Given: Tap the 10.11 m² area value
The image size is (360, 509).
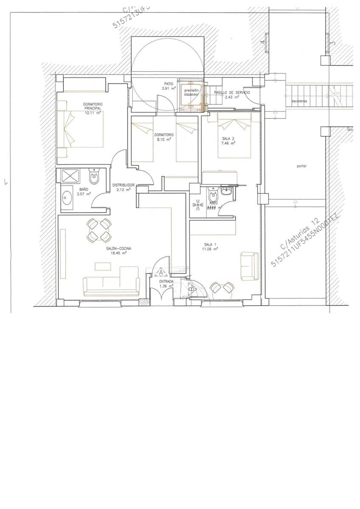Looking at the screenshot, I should coord(93,113).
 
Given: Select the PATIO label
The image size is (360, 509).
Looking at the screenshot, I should coord(169,84).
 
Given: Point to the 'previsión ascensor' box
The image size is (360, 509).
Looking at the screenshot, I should coord(191,92).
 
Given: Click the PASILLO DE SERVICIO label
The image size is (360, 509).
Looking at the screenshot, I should coord(232,92).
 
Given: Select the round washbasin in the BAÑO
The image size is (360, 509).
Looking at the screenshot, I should coord(67,196).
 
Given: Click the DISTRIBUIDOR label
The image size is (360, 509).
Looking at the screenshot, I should coord(124,185).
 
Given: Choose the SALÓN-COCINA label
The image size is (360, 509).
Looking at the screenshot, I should coord(119,249).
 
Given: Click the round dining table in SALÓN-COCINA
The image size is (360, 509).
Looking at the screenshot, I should coord(99,230).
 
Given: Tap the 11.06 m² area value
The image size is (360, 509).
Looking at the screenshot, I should coord(210,249).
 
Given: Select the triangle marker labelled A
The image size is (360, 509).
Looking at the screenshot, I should coord(161,273).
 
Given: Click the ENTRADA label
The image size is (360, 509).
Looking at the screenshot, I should coord(166,281).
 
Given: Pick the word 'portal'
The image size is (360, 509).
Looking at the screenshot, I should coord(301,166).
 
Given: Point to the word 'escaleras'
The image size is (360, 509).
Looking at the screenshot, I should coord(299,101).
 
